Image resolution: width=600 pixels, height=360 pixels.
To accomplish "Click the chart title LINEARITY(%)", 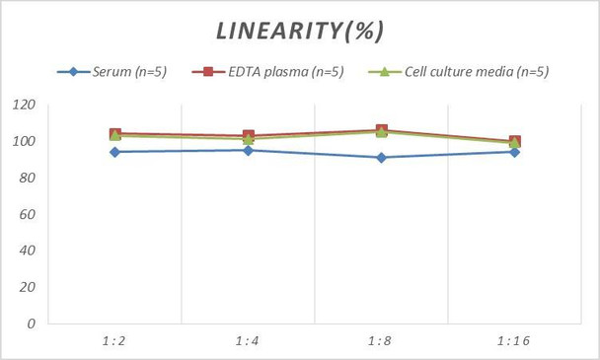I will click(x=300, y=31).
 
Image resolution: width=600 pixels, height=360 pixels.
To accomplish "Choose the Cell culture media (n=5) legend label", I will click(x=472, y=71).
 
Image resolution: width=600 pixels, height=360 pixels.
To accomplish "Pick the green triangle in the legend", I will click(x=383, y=71).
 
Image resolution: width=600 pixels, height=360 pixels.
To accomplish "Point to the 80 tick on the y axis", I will click(x=27, y=178).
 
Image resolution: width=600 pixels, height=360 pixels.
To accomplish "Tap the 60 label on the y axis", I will click(x=27, y=214).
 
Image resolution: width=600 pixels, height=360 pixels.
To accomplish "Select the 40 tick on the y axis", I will click(x=27, y=251).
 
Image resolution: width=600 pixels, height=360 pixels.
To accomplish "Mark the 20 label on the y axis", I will click(x=27, y=287).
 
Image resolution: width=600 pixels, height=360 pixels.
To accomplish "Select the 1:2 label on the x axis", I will click(x=114, y=340).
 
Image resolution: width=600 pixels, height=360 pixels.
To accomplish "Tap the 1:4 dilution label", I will click(x=248, y=340).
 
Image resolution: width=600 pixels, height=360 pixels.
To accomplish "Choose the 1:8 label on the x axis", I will click(x=381, y=340).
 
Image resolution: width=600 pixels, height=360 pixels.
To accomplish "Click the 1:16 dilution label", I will click(x=514, y=340).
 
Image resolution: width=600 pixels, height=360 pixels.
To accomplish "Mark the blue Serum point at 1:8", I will click(x=381, y=157).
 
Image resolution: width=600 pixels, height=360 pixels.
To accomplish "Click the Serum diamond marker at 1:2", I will click(x=114, y=152).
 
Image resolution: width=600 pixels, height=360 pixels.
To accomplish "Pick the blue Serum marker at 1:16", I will click(x=514, y=152).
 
